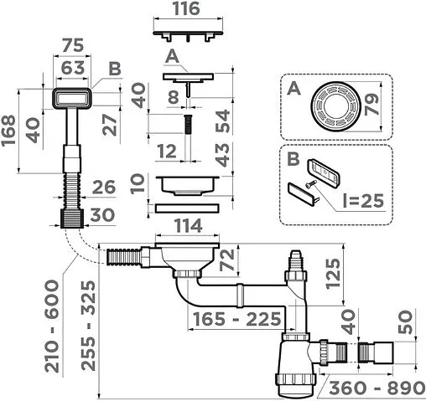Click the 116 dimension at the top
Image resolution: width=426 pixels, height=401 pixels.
coord(186,9)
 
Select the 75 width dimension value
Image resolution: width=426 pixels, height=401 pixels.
coord(73,45)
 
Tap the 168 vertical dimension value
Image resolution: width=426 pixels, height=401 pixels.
coord(8,130)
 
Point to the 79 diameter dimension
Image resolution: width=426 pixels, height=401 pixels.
coord(372,105)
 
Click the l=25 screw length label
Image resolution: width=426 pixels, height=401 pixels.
coord(363,200)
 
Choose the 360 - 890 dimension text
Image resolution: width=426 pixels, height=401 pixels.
coord(377,388)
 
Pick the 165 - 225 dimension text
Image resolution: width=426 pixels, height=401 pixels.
coord(237,319)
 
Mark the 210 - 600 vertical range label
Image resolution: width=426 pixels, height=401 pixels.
coord(52,326)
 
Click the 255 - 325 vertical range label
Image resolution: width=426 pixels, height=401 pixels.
coord(89,326)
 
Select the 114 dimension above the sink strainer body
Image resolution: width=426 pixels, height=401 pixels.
coord(188,226)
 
